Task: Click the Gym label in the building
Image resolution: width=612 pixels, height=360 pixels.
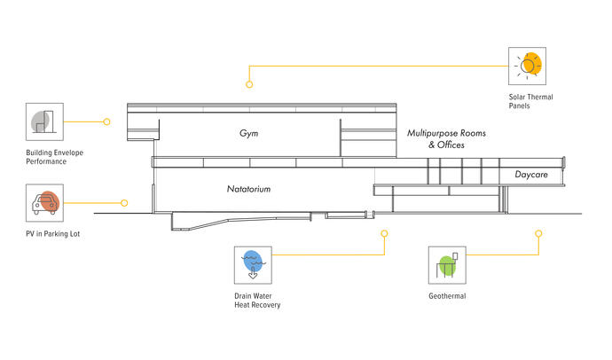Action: [248, 133]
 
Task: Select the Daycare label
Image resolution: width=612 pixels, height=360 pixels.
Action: [531, 176]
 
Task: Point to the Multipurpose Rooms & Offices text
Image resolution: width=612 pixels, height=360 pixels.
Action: [446, 138]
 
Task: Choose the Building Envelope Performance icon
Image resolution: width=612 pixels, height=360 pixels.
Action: [43, 121]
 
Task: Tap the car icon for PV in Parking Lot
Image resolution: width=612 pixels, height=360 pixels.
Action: [43, 203]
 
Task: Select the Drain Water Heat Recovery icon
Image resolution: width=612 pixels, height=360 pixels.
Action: [254, 262]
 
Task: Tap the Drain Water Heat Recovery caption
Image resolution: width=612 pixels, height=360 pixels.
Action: [251, 301]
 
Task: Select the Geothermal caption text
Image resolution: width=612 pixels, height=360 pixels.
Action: [446, 296]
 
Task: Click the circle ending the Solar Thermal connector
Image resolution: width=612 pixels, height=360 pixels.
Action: [249, 85]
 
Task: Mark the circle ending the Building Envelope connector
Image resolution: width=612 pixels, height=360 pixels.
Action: [107, 121]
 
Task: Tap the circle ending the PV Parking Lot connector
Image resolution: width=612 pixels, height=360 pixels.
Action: [124, 203]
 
